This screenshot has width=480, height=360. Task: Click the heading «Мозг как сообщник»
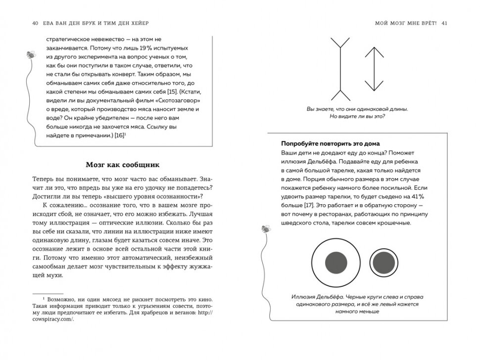point(122,165)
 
